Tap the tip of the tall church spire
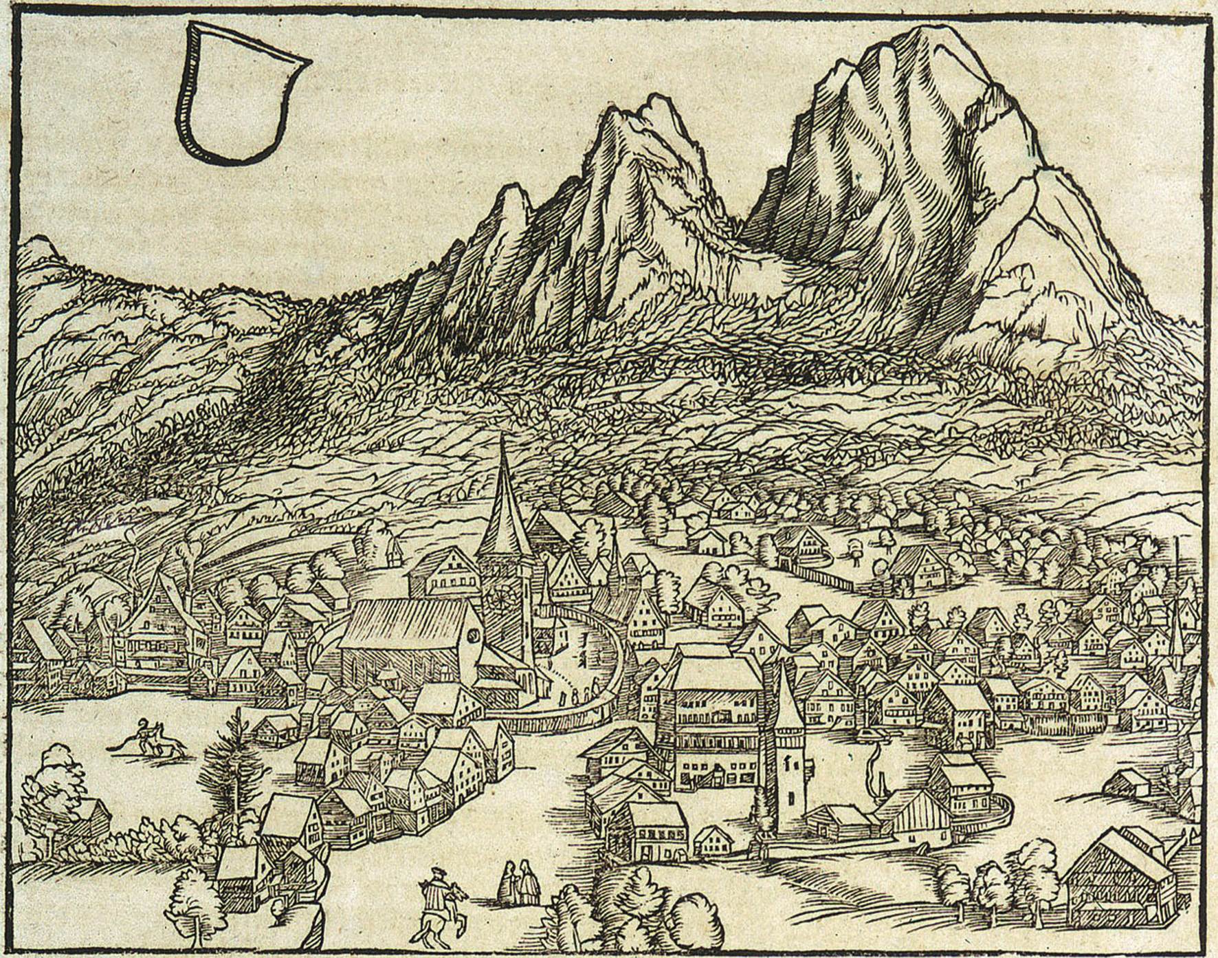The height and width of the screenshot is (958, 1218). tap(504, 437)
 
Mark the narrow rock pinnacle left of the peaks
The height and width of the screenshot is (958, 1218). tap(512, 193)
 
